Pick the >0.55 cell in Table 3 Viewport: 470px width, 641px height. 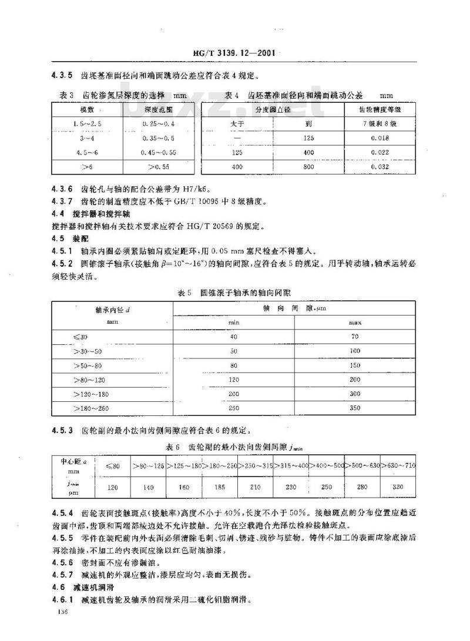coord(157,167)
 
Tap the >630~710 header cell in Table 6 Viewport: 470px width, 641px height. coord(398,466)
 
